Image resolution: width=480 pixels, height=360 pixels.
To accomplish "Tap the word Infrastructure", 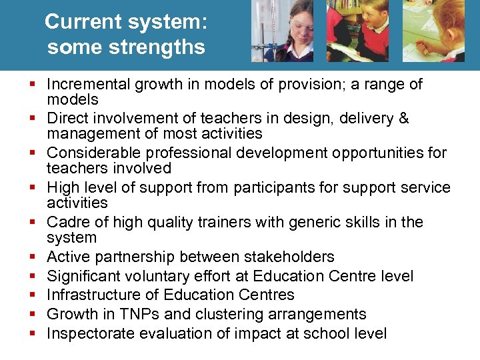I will pyautogui.click(x=94, y=295).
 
